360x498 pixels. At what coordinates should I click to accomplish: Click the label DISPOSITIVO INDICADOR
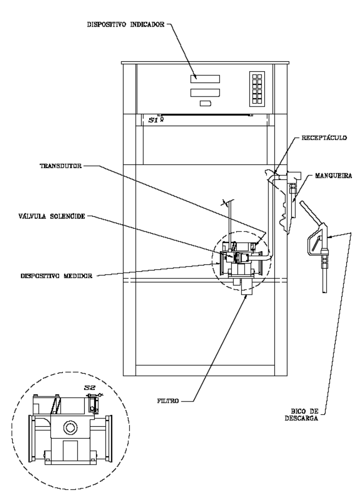pos(126,25)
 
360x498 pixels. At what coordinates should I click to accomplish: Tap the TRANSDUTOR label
pos(61,166)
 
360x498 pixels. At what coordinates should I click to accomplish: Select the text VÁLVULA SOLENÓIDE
pos(52,216)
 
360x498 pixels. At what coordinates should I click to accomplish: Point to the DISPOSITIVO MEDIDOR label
pos(56,276)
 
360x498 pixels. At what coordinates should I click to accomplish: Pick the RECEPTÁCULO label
pos(324,138)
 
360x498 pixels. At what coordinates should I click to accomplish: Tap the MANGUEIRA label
pos(333,176)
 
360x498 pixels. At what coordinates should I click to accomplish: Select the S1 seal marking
pos(153,120)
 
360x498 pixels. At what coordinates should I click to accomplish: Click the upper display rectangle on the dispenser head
pos(205,79)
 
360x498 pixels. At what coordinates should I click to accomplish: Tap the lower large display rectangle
pos(205,93)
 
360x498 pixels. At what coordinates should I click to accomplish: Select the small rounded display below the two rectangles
pos(205,104)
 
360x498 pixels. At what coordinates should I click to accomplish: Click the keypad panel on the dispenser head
pos(257,89)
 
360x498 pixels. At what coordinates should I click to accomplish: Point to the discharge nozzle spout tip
pos(324,292)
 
